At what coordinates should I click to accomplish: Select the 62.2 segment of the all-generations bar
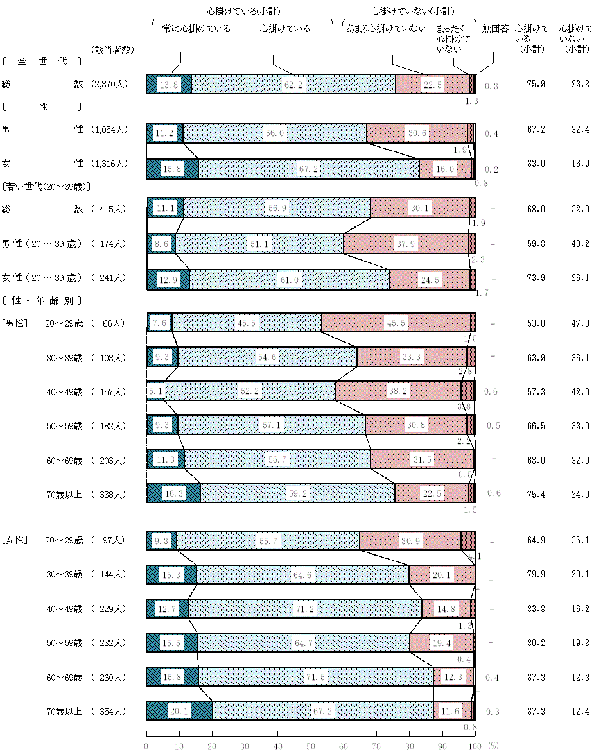point(293,85)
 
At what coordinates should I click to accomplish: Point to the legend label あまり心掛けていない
point(386,29)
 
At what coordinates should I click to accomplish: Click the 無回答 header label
point(495,29)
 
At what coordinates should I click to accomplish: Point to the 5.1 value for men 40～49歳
point(155,391)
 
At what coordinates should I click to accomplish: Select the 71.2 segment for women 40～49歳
point(304,608)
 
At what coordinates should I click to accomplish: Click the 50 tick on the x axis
point(311,746)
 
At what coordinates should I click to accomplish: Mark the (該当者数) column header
point(112,51)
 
